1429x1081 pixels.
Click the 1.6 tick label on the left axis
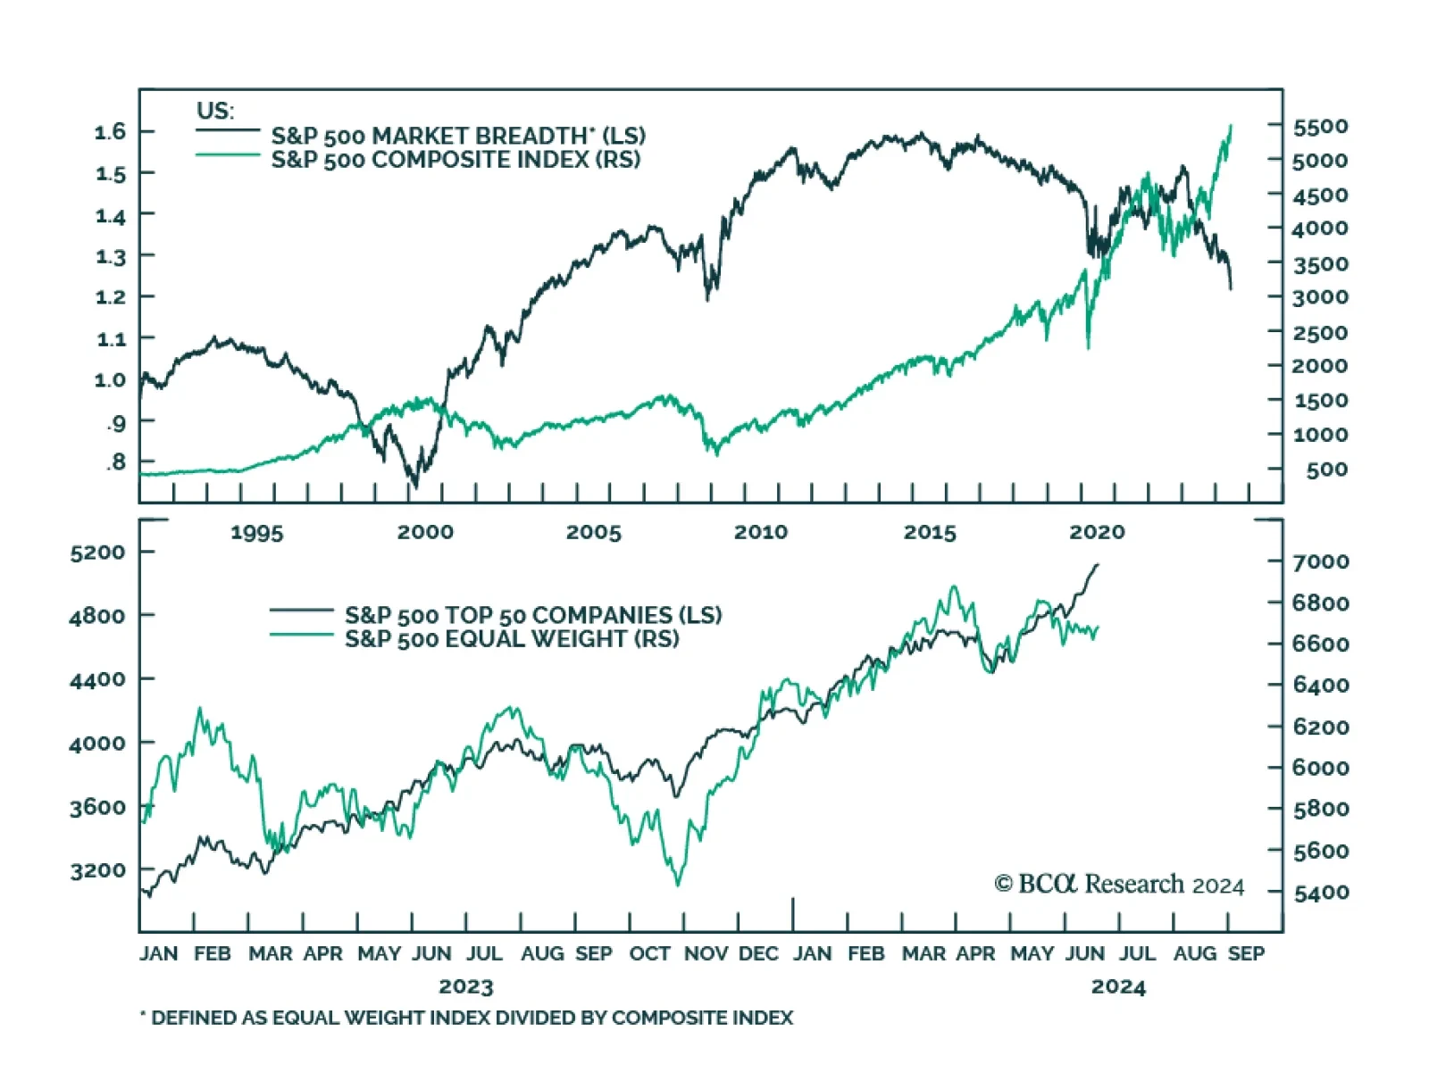tap(111, 132)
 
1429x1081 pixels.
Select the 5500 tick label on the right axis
tap(1320, 127)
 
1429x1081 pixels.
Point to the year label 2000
tap(425, 532)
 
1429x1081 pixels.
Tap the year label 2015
tap(930, 533)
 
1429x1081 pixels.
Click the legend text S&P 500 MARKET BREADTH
tap(458, 136)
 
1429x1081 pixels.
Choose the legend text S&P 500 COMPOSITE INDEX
tap(455, 160)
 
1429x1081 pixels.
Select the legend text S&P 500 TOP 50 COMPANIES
tap(533, 615)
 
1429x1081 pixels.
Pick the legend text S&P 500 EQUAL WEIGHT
tap(512, 639)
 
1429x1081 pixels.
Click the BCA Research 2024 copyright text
tap(1119, 885)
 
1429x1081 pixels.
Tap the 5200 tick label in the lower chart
tap(98, 553)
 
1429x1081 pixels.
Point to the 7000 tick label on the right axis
tap(1321, 561)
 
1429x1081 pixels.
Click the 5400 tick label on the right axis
tap(1321, 892)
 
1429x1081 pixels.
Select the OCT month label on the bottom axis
tap(649, 953)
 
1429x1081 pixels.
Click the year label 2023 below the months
tap(466, 986)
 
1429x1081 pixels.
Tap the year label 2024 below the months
tap(1118, 986)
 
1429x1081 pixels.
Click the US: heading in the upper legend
tap(215, 111)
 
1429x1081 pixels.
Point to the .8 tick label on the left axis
tap(116, 462)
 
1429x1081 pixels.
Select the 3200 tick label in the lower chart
tap(98, 870)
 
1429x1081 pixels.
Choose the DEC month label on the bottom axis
tap(758, 953)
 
